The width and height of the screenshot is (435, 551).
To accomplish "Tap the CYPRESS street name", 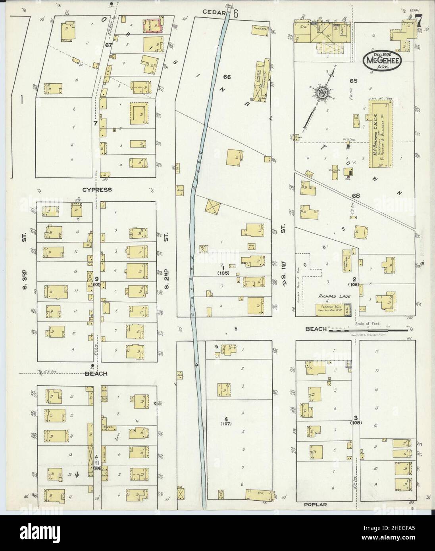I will point(97,190).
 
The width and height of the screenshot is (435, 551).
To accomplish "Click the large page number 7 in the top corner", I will point(418,23).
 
